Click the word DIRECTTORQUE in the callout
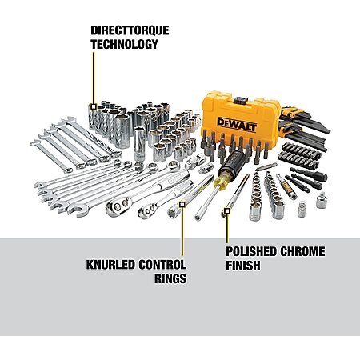130,30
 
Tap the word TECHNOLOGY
125,44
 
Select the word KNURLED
110,265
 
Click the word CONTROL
162,265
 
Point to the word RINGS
170,278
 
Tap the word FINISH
243,266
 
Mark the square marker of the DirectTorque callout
94,106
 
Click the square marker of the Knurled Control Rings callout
182,205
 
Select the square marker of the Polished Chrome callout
227,211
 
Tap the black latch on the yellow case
241,101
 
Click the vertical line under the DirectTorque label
94,78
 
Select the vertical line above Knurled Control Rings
182,231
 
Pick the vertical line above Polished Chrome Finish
227,229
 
